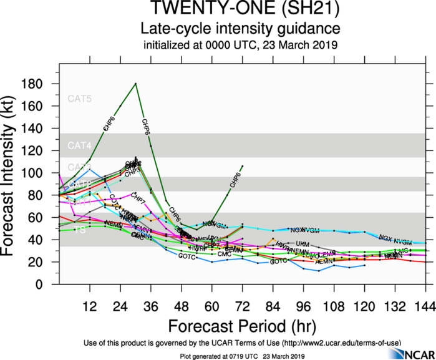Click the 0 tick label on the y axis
[47, 285]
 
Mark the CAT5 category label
[79, 99]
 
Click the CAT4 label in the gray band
[79, 145]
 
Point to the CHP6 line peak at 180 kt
[135, 84]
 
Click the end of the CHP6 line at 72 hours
[242, 166]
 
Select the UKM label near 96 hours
[302, 243]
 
